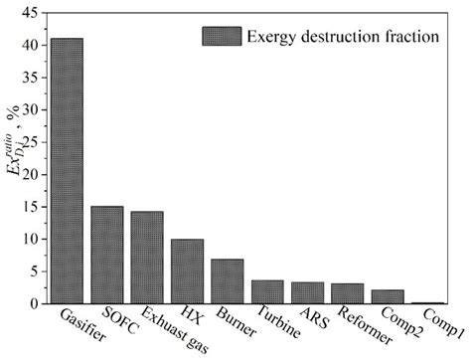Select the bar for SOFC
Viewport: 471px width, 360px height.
pos(106,255)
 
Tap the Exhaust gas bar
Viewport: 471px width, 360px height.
pos(147,258)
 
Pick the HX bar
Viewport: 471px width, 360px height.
pos(187,270)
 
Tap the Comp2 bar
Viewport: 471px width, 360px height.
pos(388,296)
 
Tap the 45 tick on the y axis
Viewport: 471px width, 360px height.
pos(30,13)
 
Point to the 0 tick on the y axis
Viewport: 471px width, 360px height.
pos(33,303)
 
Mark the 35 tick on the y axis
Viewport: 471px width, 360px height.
pos(30,78)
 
